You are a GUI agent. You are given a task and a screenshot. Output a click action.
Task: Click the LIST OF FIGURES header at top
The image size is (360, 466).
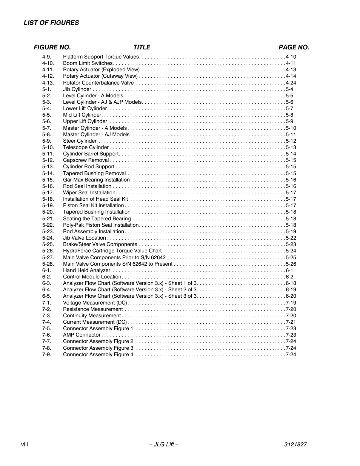click(x=51, y=23)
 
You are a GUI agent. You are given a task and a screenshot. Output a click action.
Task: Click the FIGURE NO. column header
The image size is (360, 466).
click(x=52, y=47)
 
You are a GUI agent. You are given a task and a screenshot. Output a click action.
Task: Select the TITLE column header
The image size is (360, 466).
click(x=142, y=47)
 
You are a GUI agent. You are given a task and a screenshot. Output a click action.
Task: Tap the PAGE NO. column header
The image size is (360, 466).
click(x=294, y=47)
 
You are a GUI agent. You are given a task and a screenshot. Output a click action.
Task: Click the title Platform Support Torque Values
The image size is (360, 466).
click(x=101, y=57)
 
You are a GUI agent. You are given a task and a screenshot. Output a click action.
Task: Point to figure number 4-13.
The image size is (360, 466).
click(x=48, y=83)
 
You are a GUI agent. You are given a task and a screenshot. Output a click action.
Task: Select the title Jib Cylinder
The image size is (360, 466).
click(x=77, y=89)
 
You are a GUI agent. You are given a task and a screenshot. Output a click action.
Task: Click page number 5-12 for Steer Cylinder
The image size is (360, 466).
click(x=291, y=141)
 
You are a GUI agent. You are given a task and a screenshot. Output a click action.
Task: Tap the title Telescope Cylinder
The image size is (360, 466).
click(x=86, y=148)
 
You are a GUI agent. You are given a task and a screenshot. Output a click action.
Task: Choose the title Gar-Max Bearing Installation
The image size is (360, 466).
click(x=96, y=180)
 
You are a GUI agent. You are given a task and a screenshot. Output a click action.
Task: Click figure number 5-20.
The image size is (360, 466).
click(x=48, y=212)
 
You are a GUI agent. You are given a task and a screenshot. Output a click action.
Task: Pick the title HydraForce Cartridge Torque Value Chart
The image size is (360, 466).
click(x=112, y=251)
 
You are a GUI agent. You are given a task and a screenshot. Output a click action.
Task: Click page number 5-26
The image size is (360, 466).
click(x=291, y=264)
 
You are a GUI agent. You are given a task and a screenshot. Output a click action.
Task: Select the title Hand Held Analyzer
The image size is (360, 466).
click(x=86, y=271)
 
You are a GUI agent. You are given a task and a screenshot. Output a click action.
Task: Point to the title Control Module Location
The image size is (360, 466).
click(x=92, y=277)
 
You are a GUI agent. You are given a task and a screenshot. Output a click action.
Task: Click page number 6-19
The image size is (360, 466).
click(x=291, y=290)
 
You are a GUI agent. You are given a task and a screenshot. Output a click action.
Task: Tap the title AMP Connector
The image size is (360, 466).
click(x=82, y=335)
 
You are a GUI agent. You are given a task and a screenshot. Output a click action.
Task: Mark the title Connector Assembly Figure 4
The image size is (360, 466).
click(x=98, y=355)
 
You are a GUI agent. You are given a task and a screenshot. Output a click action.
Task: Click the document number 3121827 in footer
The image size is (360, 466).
click(x=295, y=444)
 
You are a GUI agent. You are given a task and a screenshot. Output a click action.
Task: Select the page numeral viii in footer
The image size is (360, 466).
click(x=25, y=444)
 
